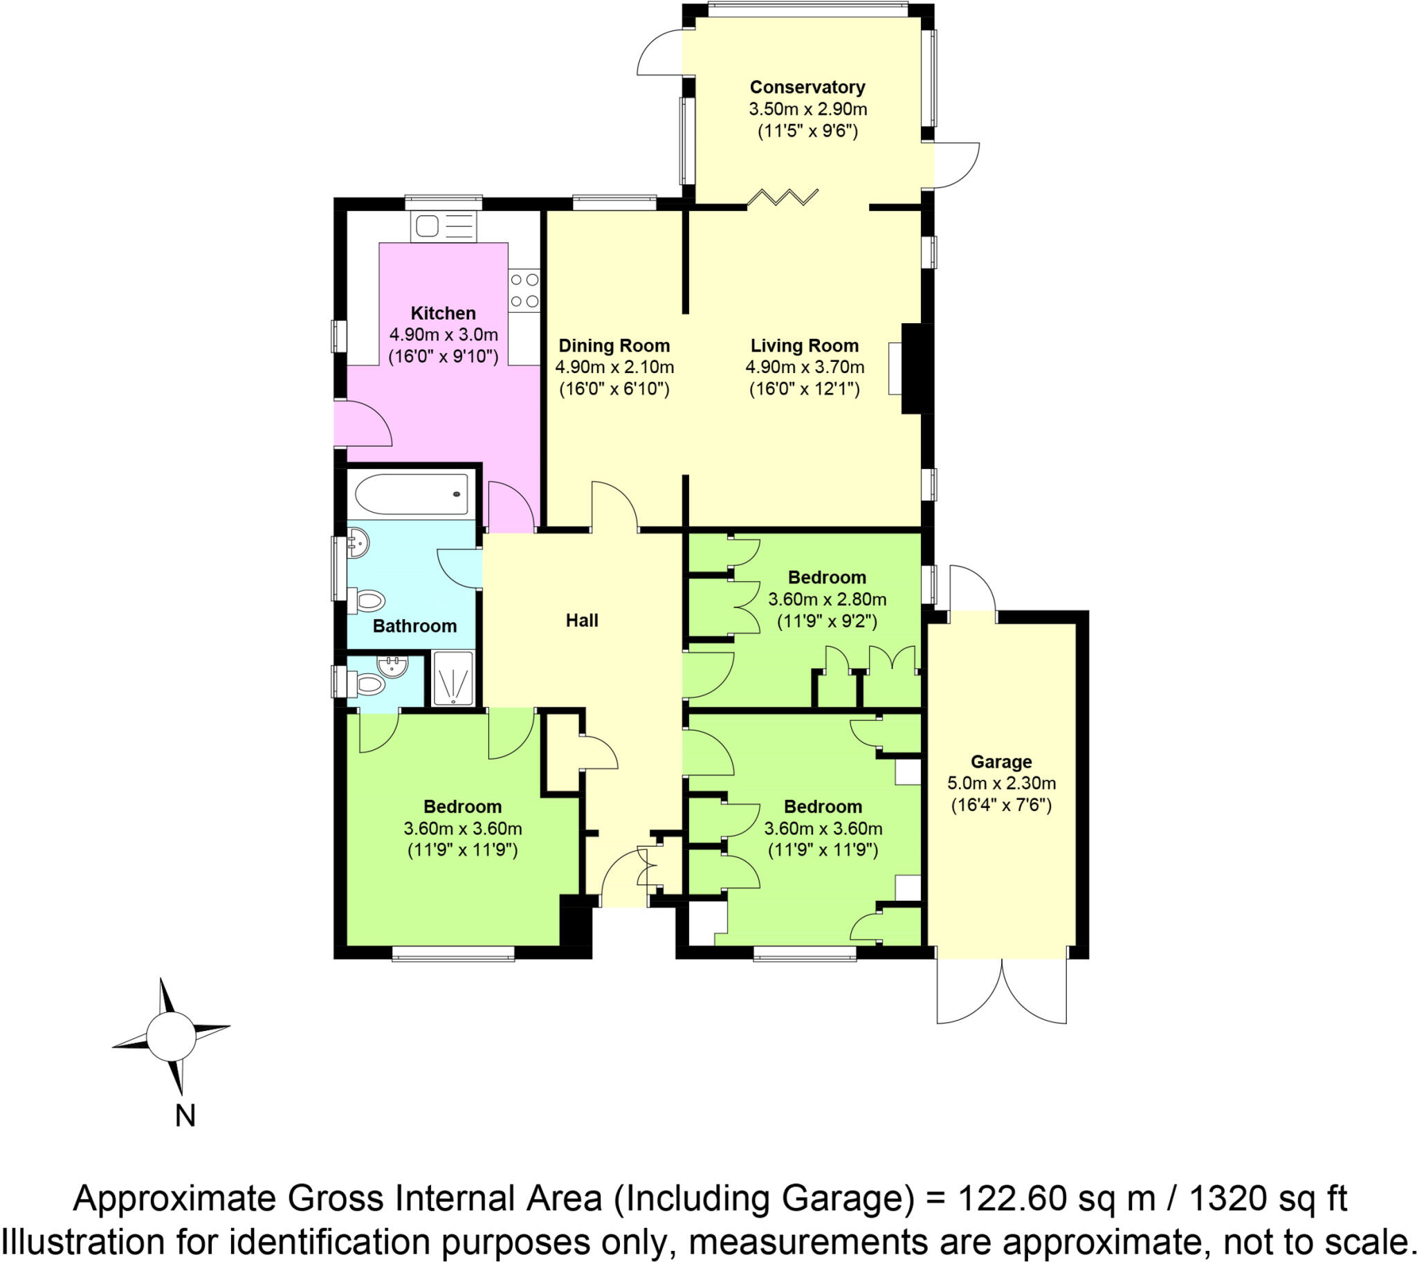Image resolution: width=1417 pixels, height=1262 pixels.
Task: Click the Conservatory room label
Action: point(807,87)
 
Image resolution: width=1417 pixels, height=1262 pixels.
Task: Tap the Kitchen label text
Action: point(443,313)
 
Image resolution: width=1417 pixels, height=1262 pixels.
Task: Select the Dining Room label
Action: point(614,345)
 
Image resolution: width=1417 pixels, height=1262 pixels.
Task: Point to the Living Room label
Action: point(804,345)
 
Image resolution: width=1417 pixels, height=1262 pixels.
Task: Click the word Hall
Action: point(582,621)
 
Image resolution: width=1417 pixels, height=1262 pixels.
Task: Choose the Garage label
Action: point(1001,762)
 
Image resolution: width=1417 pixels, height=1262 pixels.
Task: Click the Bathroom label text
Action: point(414,626)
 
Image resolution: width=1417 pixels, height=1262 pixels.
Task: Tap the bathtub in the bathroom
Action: point(411,494)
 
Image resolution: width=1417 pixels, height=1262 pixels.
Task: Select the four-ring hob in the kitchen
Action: point(524,291)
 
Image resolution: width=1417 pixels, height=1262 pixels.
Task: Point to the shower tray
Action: point(452,678)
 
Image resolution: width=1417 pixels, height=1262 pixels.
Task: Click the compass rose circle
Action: point(170,1036)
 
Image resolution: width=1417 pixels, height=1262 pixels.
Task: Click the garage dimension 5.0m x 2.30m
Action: point(1001,783)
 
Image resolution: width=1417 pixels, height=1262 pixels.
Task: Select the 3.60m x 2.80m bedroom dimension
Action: point(827,599)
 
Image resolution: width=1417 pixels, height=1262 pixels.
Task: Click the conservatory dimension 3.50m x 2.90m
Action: point(807,109)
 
